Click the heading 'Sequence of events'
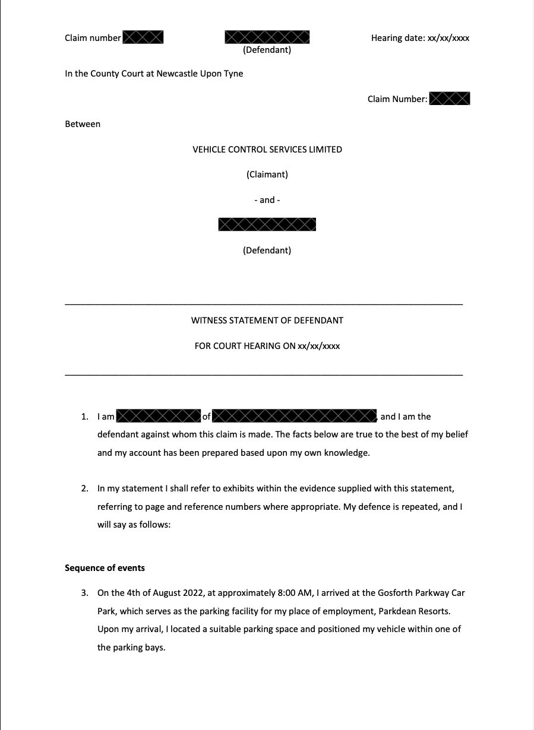click(x=105, y=568)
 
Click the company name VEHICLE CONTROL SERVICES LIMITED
click(x=267, y=150)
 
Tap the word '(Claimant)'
click(x=267, y=174)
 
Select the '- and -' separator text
click(x=267, y=200)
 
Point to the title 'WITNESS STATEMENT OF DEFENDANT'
click(x=267, y=320)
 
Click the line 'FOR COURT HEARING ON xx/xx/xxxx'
click(x=267, y=346)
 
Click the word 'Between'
click(x=83, y=124)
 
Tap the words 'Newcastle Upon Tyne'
click(x=200, y=74)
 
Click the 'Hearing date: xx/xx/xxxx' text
click(x=420, y=38)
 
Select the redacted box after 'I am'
click(x=158, y=416)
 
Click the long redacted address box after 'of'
click(x=294, y=416)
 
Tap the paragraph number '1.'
click(x=85, y=417)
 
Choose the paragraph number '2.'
click(x=85, y=488)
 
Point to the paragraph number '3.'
click(x=85, y=593)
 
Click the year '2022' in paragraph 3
click(x=169, y=593)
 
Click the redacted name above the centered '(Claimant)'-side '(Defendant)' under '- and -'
click(x=267, y=224)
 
